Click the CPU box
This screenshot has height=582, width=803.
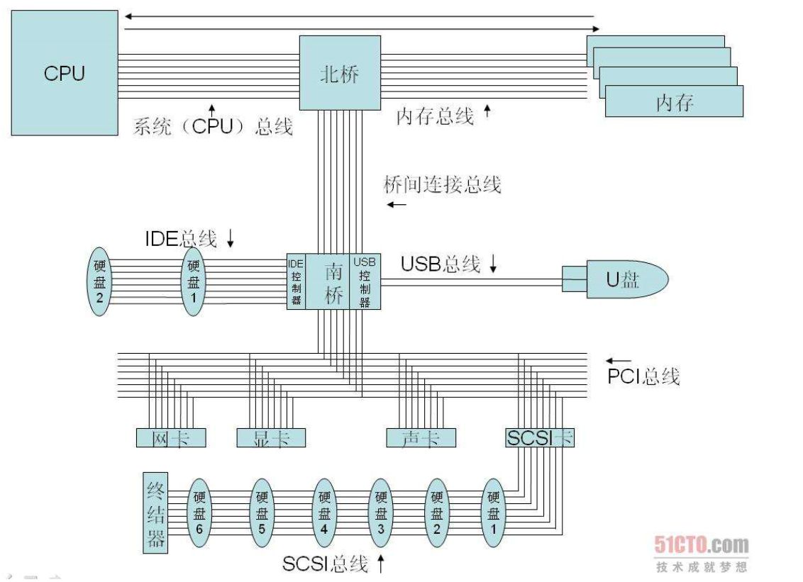tap(64, 73)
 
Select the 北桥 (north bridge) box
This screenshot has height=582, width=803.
tap(340, 73)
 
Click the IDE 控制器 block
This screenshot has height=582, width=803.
tap(296, 281)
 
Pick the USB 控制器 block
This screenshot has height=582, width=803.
tap(365, 281)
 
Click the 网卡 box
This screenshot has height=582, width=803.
tap(170, 438)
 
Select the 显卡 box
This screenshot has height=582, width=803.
tap(271, 438)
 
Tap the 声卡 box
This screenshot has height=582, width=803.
tap(420, 438)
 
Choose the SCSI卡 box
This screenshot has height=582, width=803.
tap(539, 438)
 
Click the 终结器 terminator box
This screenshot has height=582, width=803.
tap(156, 513)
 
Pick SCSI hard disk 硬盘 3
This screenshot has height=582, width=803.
tap(381, 513)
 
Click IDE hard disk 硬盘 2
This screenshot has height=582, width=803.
tap(99, 281)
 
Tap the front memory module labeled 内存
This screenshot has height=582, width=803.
tap(674, 102)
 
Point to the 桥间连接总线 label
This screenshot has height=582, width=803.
tap(442, 184)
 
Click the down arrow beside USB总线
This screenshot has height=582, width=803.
tap(494, 264)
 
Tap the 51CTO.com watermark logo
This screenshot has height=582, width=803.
tap(701, 545)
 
